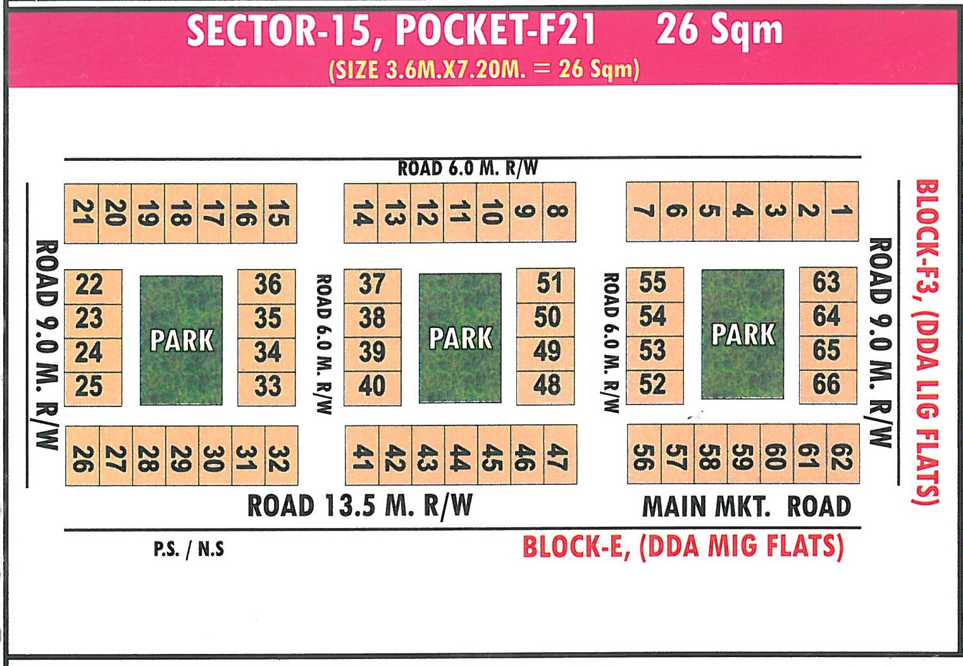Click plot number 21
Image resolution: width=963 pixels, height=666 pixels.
pyautogui.click(x=82, y=213)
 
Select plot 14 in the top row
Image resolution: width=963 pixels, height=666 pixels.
pyautogui.click(x=361, y=213)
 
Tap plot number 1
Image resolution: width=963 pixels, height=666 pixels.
pyautogui.click(x=842, y=211)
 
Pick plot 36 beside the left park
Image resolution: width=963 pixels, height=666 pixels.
pyautogui.click(x=267, y=284)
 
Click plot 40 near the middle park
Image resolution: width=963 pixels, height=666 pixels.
pyautogui.click(x=372, y=386)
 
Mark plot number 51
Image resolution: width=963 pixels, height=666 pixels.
pyautogui.click(x=547, y=283)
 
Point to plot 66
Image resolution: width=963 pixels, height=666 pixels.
pyautogui.click(x=827, y=384)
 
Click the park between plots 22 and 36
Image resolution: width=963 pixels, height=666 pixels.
pyautogui.click(x=181, y=340)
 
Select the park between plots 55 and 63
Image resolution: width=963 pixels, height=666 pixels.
pyautogui.click(x=742, y=334)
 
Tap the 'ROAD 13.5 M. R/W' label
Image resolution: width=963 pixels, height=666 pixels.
pyautogui.click(x=359, y=506)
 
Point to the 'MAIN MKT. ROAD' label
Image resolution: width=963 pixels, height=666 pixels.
pyautogui.click(x=747, y=507)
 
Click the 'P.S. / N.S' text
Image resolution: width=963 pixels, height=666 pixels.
pyautogui.click(x=189, y=549)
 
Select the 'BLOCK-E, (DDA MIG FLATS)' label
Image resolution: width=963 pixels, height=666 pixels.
pyautogui.click(x=683, y=546)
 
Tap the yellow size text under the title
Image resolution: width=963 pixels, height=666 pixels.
pyautogui.click(x=484, y=68)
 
